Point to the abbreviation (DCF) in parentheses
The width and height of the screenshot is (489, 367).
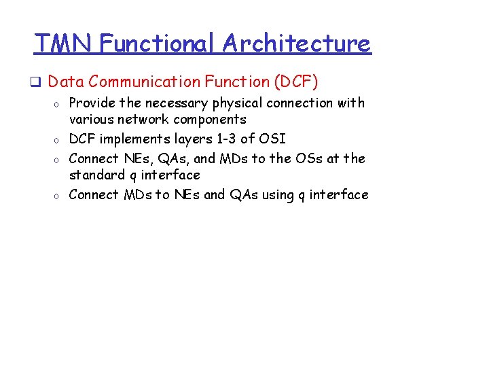[x=296, y=82]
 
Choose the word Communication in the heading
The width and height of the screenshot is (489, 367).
[x=144, y=82]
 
